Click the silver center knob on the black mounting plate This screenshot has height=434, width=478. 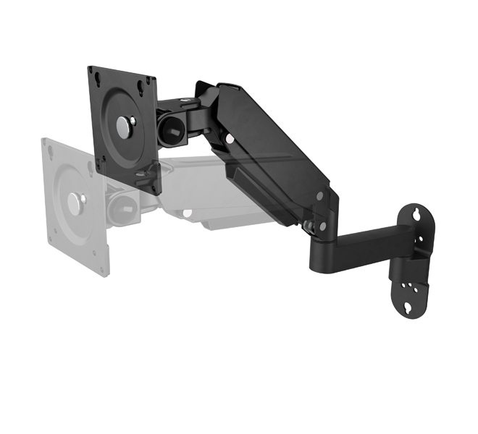[125, 127]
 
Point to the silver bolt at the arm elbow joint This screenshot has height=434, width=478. [310, 226]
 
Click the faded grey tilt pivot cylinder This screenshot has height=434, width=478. [121, 206]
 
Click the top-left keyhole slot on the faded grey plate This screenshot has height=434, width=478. [51, 152]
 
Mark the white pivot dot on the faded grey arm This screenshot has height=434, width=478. [187, 212]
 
